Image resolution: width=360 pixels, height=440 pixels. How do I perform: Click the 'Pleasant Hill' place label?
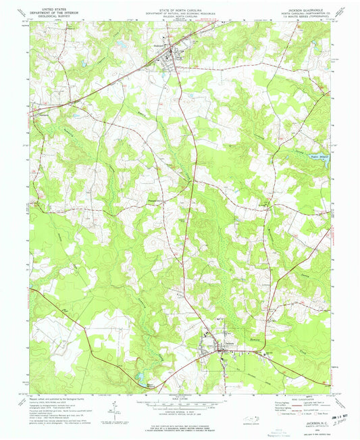pyautogui.click(x=155, y=199)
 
